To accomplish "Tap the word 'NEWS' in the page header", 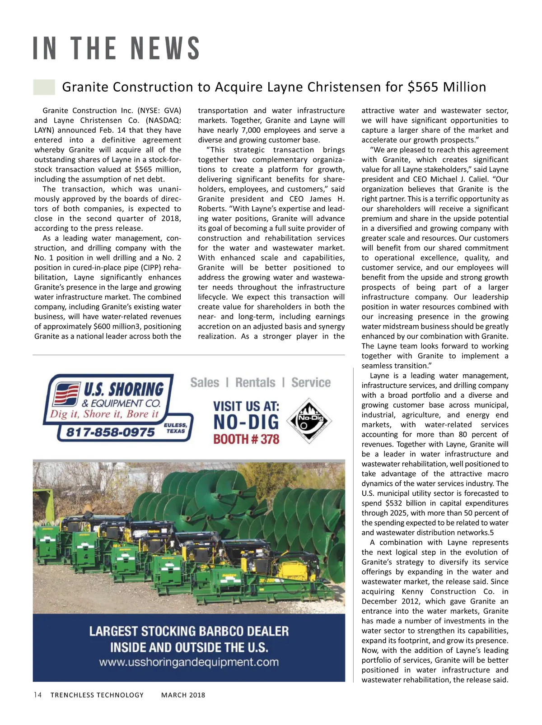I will (165, 49).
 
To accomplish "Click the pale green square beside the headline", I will (44, 87).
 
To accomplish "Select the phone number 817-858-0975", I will (110, 432).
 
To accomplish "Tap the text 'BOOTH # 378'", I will (246, 439).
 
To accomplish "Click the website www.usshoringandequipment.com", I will (189, 662).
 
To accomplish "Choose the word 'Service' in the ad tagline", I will (311, 383).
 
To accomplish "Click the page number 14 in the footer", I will (37, 695).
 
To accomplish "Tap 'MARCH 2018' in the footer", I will (183, 695).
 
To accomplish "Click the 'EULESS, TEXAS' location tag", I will (176, 428).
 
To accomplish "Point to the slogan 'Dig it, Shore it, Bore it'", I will (104, 414).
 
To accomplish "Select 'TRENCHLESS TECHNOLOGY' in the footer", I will (97, 695).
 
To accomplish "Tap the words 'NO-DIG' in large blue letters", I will (246, 422).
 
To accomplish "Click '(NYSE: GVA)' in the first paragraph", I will (159, 111).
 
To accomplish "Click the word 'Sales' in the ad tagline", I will (204, 383).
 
